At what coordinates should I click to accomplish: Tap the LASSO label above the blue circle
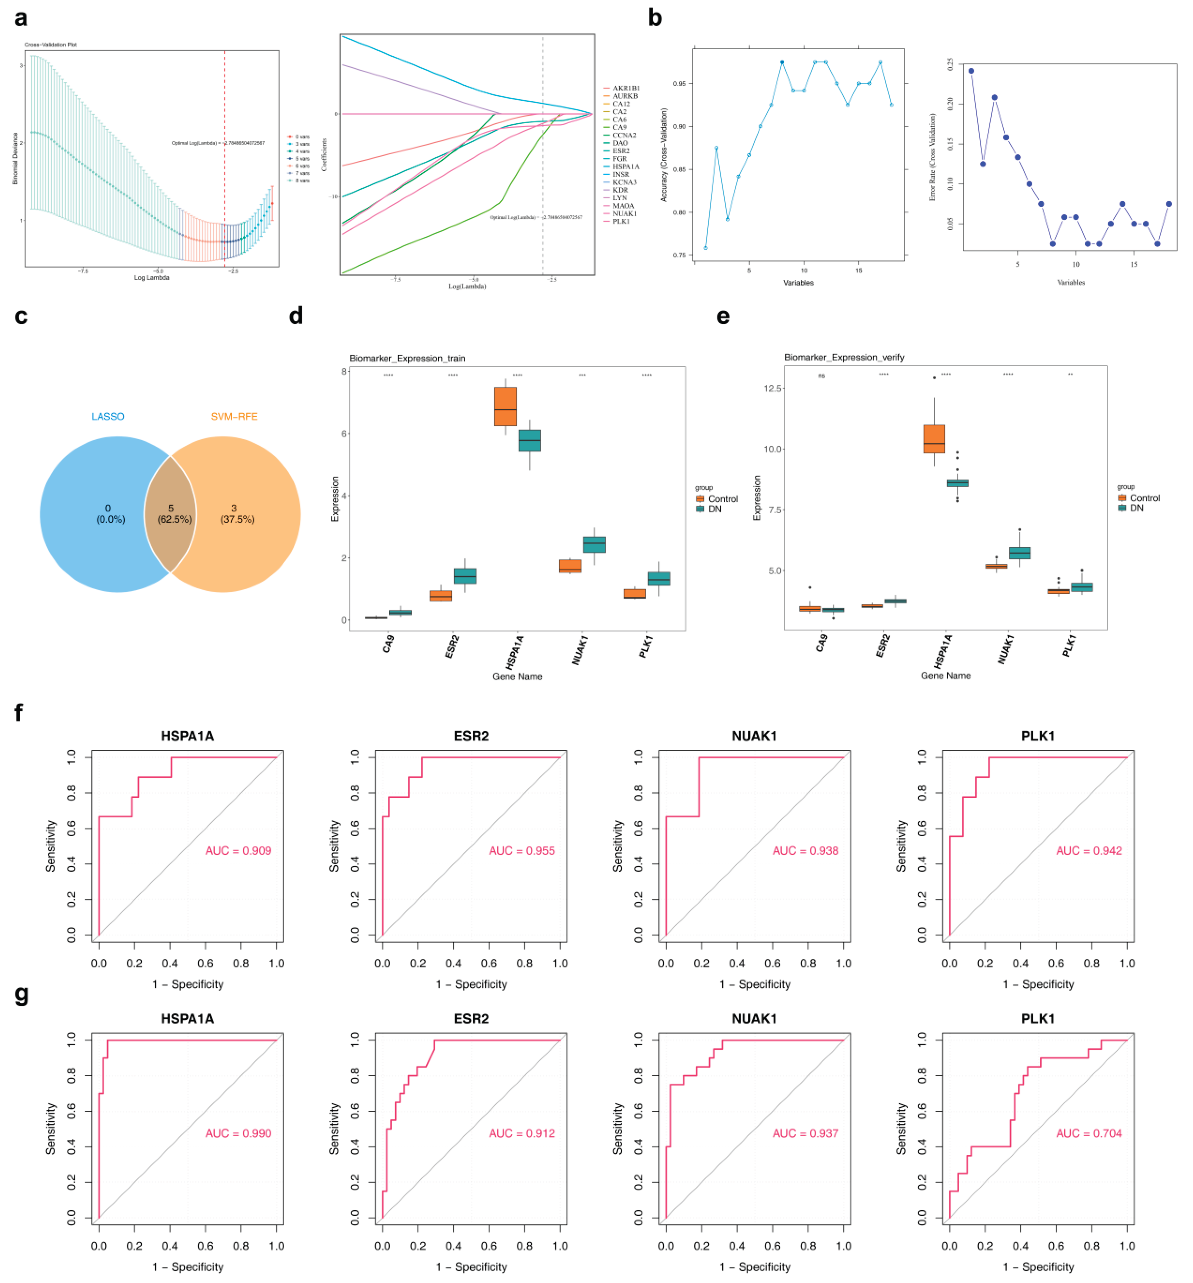pyautogui.click(x=108, y=416)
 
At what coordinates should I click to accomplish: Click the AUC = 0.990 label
pyautogui.click(x=238, y=1133)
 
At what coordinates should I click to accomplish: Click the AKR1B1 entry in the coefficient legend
pyautogui.click(x=625, y=88)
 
